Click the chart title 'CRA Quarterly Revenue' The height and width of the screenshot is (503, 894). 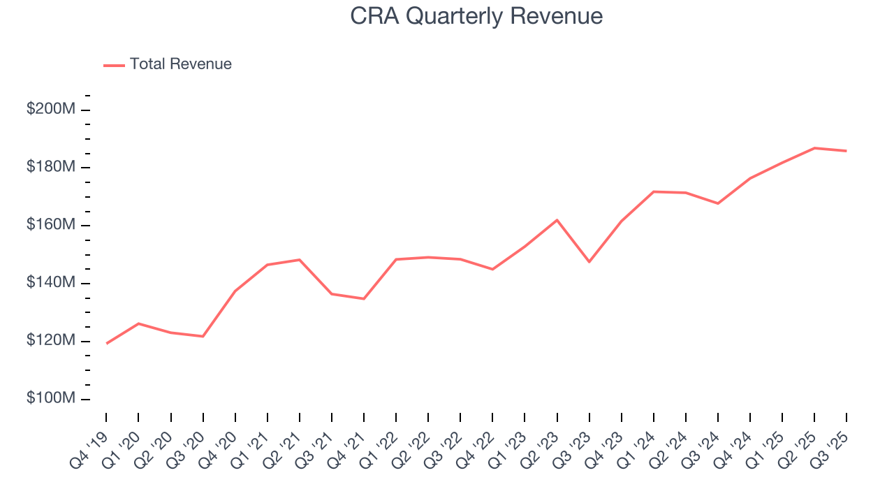[x=476, y=16]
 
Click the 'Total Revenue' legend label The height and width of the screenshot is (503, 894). [x=180, y=64]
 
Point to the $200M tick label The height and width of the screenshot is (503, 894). [x=50, y=110]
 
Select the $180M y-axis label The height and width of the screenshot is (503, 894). [x=50, y=167]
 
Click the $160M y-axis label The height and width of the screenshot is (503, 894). [x=50, y=225]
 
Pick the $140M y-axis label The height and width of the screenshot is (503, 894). [x=50, y=283]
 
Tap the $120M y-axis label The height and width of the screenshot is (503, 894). [x=50, y=341]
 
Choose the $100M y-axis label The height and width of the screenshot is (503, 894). [x=50, y=398]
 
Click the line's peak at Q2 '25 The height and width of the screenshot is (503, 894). [x=814, y=148]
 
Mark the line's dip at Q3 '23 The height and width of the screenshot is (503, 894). [x=589, y=262]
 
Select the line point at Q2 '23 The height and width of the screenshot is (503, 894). [x=557, y=220]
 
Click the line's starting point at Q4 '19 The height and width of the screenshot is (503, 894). [x=106, y=344]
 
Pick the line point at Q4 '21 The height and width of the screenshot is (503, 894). [x=364, y=299]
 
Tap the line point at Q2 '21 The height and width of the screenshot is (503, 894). [x=300, y=260]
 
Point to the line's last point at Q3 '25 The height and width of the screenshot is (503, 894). [x=847, y=151]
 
